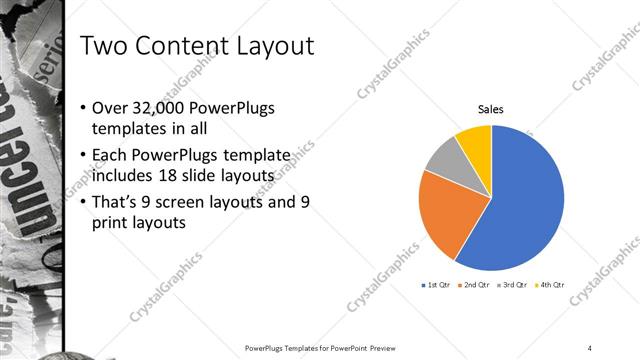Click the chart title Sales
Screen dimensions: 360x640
coord(490,109)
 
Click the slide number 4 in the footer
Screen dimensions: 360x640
coord(590,348)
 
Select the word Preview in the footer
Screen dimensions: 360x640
coord(381,348)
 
